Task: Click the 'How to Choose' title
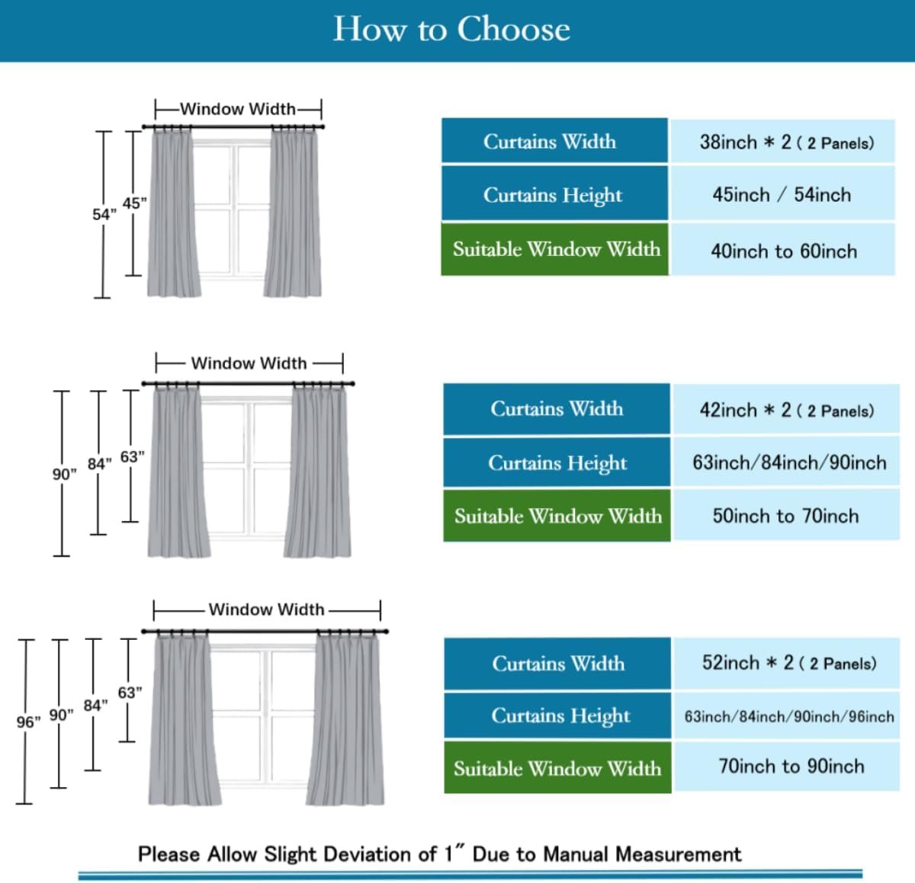click(x=451, y=30)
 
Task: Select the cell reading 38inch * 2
click(x=785, y=142)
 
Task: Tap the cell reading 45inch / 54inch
click(x=782, y=195)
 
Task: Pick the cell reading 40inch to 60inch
click(x=783, y=251)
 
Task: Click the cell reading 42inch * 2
click(x=786, y=411)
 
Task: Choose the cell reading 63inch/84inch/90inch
click(x=788, y=462)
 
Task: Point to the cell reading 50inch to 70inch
click(x=785, y=517)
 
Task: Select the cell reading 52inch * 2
click(x=788, y=664)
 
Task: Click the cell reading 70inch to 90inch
click(x=791, y=766)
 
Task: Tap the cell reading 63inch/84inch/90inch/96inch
click(x=788, y=716)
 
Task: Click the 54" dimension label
click(x=104, y=215)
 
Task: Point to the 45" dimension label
click(x=134, y=203)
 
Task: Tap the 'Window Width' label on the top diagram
click(x=238, y=109)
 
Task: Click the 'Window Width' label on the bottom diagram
click(x=266, y=609)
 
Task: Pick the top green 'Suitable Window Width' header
click(x=556, y=249)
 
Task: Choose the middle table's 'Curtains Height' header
click(x=557, y=462)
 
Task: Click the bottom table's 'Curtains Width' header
click(x=558, y=664)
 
